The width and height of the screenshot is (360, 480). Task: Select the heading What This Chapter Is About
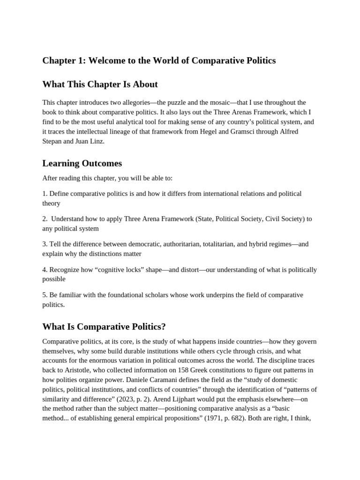(100, 84)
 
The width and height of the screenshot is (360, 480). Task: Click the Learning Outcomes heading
(82, 163)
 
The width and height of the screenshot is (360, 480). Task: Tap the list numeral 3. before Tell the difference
(45, 244)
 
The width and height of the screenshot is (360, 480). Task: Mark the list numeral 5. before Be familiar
(45, 295)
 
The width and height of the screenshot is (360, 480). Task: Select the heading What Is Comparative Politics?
(104, 326)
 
